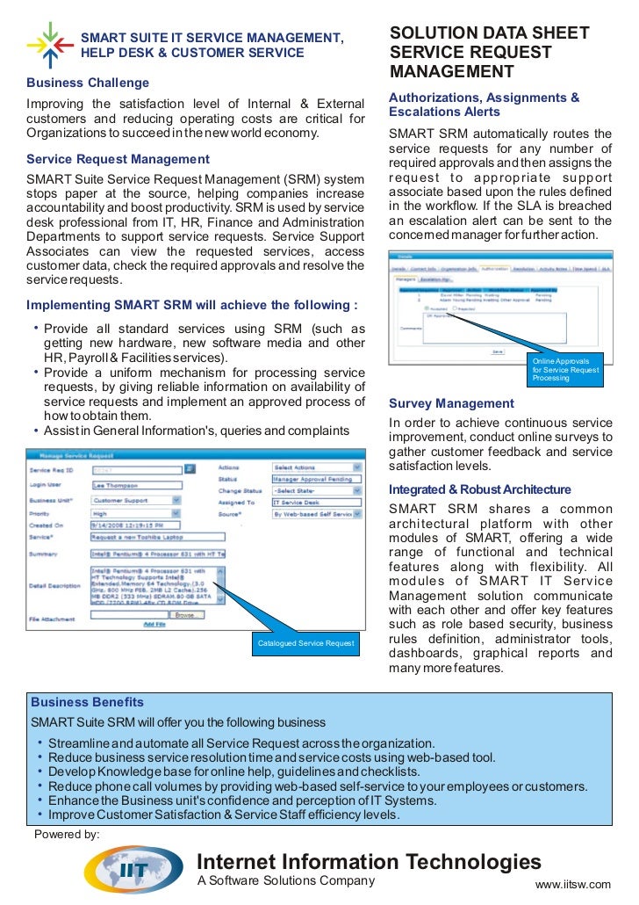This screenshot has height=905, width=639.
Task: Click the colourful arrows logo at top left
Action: coord(49,43)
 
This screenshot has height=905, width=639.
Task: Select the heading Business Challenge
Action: coord(88,83)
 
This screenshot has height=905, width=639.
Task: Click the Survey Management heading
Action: coord(451,404)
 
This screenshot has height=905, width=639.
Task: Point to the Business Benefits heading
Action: coord(87,703)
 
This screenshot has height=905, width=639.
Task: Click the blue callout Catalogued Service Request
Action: coord(305,644)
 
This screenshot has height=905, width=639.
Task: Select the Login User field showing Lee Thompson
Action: coord(135,484)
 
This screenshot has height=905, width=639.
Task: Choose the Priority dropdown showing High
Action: coord(135,514)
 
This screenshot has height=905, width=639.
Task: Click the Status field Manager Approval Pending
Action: coord(316,479)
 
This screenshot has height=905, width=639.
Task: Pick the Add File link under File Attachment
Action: coord(154,625)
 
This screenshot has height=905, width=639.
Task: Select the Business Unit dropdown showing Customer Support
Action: coord(135,499)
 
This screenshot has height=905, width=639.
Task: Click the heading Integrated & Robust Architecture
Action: coord(479,489)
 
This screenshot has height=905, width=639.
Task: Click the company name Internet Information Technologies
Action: coord(369,861)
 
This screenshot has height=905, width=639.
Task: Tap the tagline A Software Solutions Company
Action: coord(285,881)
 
